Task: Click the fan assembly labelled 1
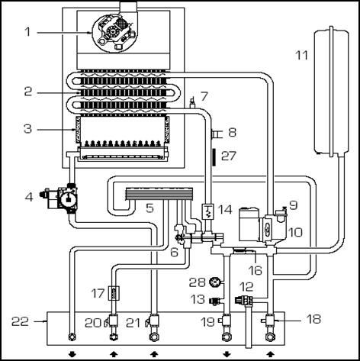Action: pyautogui.click(x=114, y=33)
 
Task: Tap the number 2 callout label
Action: pyautogui.click(x=28, y=92)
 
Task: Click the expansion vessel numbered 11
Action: pyautogui.click(x=331, y=92)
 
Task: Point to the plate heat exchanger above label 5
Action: pyautogui.click(x=159, y=194)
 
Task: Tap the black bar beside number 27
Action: pyautogui.click(x=214, y=157)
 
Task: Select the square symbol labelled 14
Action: pyautogui.click(x=208, y=211)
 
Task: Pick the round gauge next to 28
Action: pyautogui.click(x=214, y=282)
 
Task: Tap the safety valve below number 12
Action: pyautogui.click(x=244, y=300)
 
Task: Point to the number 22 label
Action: pyautogui.click(x=20, y=321)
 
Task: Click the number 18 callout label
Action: pyautogui.click(x=313, y=319)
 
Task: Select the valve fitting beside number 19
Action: pyautogui.click(x=225, y=321)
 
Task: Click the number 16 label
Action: pyautogui.click(x=256, y=270)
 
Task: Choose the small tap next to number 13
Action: pyautogui.click(x=215, y=301)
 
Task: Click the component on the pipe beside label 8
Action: pyautogui.click(x=216, y=134)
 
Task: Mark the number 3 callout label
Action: pyautogui.click(x=27, y=129)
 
